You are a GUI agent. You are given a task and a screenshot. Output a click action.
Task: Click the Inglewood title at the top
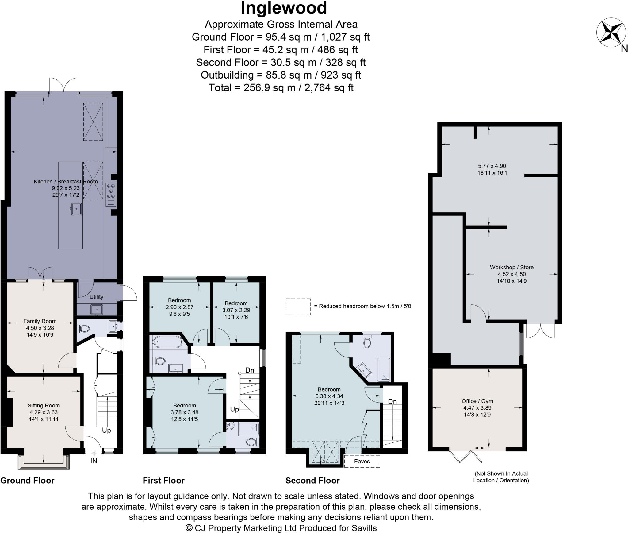coord(284,8)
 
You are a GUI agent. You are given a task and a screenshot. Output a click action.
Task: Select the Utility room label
coord(96,297)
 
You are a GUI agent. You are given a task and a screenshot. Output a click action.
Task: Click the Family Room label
coord(40,321)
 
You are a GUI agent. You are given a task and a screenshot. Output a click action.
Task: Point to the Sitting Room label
coord(44,405)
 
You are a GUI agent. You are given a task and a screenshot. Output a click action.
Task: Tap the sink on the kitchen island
coord(76,209)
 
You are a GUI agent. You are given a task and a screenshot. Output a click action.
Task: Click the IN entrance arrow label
coord(94,461)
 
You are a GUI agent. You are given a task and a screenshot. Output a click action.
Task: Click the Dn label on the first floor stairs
coord(250,370)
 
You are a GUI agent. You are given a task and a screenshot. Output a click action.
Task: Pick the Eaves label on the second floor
coord(362,461)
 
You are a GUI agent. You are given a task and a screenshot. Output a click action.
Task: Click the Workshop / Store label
coord(511,267)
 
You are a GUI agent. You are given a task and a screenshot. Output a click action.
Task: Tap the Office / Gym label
coord(477,401)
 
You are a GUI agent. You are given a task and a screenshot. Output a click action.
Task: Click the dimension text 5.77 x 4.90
coord(492,166)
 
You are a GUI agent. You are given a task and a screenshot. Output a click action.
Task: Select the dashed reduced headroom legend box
coord(298,307)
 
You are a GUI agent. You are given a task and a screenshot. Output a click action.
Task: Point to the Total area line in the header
coord(281,88)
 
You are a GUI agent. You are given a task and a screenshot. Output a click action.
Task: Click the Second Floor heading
coord(312,481)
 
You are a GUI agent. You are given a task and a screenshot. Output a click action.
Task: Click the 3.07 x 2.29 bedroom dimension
coord(236,310)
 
